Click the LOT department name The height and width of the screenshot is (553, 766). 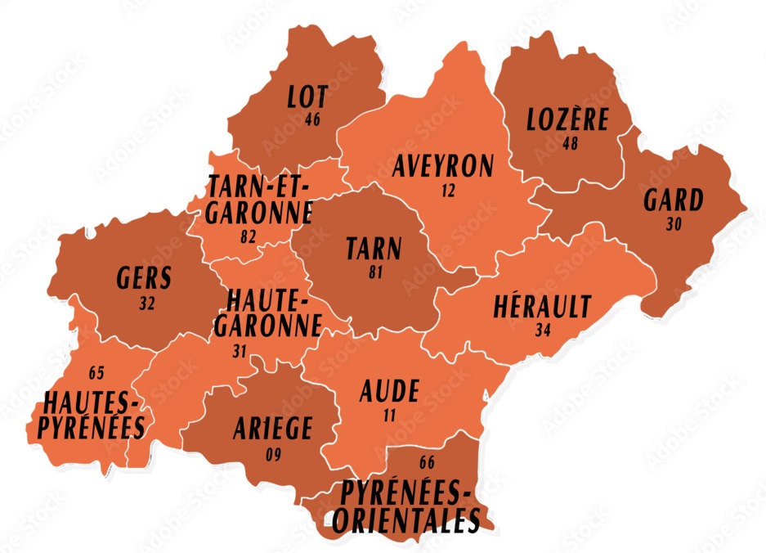(308, 97)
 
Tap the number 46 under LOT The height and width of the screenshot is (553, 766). (311, 120)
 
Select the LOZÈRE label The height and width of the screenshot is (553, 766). (567, 120)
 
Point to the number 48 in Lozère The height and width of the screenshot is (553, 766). (571, 143)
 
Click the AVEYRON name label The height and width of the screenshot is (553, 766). (443, 167)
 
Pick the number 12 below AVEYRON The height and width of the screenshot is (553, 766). (446, 190)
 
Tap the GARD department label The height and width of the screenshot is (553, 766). (673, 200)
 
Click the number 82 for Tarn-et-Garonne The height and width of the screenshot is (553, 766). (249, 236)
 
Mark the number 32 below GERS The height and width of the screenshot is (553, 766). (148, 302)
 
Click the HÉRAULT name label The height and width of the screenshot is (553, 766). (541, 308)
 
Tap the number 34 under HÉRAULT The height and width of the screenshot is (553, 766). (543, 330)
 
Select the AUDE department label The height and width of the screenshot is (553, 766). (389, 392)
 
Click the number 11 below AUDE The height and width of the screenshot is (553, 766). (390, 415)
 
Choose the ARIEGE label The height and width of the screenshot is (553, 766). (272, 428)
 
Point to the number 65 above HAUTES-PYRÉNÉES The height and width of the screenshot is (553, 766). (96, 373)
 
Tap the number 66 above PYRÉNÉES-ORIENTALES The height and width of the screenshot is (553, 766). (426, 463)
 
